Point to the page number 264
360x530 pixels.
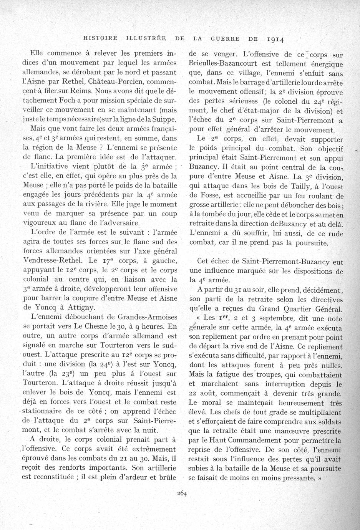pos(181,495)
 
